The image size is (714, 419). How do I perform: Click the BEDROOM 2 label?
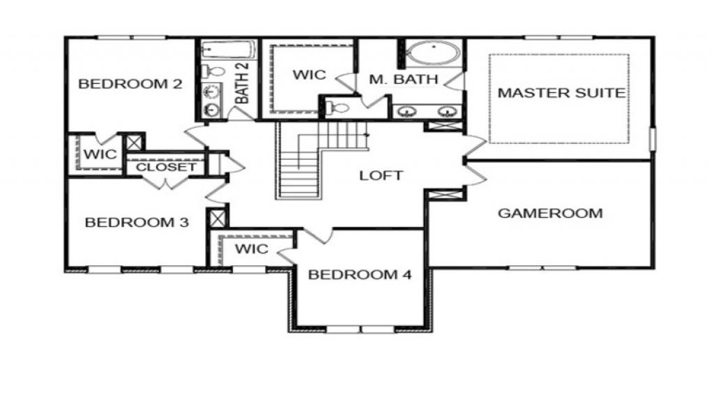[130, 84]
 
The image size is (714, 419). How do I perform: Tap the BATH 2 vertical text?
[242, 83]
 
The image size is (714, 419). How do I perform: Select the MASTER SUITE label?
[561, 93]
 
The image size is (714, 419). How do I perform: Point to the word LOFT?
[381, 175]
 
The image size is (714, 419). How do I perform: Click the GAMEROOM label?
[550, 213]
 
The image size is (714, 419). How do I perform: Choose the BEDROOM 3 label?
[137, 223]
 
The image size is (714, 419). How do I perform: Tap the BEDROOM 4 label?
[360, 274]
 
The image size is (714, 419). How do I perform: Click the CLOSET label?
[166, 168]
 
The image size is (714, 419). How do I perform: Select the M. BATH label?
[404, 80]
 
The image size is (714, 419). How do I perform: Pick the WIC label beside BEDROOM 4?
[252, 249]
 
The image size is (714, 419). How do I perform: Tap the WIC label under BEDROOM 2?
[100, 154]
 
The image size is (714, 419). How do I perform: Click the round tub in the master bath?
[434, 54]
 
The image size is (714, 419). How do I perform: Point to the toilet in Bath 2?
[213, 71]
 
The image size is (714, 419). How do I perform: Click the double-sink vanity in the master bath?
[426, 110]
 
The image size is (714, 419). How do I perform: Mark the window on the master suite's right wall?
[653, 138]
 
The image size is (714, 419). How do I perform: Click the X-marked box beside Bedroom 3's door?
[218, 218]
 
